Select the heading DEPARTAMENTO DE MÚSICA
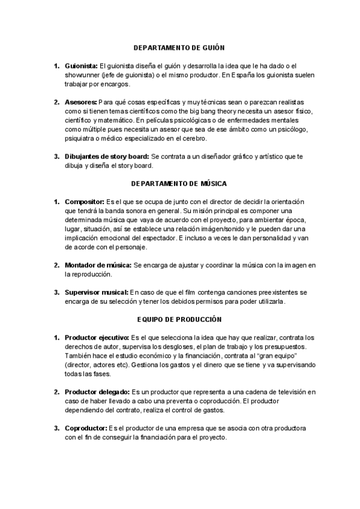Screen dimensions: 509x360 [179, 183]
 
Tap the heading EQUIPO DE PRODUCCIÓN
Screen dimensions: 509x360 [179, 319]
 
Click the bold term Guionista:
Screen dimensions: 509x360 [81, 65]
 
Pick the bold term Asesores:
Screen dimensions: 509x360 [80, 102]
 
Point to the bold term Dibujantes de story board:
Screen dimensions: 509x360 [107, 157]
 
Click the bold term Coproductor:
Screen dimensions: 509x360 [85, 428]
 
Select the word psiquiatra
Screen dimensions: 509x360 [82, 139]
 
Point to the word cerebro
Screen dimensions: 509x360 [193, 139]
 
